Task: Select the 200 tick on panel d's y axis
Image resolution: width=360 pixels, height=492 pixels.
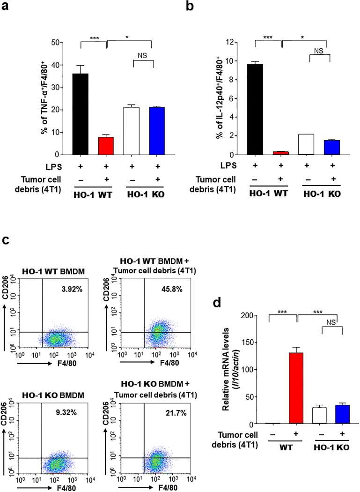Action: point(258,315)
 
